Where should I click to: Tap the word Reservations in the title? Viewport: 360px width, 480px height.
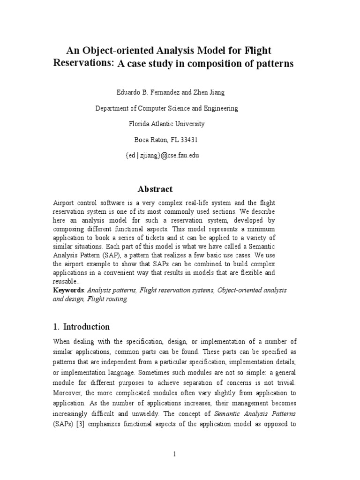click(x=83, y=64)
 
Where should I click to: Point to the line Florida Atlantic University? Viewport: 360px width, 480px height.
click(x=167, y=124)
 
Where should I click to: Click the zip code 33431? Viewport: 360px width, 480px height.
click(x=189, y=140)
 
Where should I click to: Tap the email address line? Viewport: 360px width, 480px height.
click(x=162, y=155)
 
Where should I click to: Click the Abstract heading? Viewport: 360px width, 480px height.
click(x=155, y=189)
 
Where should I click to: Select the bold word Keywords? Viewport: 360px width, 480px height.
click(x=68, y=291)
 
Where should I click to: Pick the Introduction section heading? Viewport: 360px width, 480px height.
click(x=86, y=327)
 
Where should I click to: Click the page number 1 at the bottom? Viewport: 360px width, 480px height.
click(x=174, y=454)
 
